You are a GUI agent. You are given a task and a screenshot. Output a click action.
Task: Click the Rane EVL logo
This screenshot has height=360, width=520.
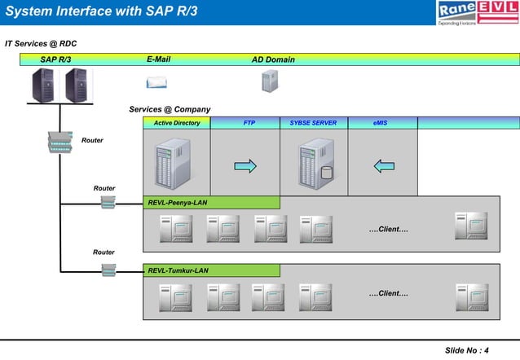coord(477,13)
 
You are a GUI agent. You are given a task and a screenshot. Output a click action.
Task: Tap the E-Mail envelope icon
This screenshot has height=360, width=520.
coord(156,81)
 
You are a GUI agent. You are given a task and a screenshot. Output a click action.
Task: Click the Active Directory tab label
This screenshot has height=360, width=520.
coord(177,123)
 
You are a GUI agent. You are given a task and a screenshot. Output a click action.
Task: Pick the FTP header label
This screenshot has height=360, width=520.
coord(249,123)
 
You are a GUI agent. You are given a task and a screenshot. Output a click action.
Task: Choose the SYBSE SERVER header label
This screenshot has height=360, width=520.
coord(313,123)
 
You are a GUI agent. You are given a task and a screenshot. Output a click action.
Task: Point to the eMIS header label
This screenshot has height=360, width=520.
coord(381,123)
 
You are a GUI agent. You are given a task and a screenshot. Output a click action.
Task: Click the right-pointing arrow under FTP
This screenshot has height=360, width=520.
coord(245,166)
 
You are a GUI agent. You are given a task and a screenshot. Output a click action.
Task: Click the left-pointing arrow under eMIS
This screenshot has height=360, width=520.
coord(384,166)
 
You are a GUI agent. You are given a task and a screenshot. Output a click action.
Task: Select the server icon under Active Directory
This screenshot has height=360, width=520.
coord(173,163)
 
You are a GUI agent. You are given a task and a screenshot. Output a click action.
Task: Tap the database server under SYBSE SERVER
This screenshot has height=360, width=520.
coord(316,163)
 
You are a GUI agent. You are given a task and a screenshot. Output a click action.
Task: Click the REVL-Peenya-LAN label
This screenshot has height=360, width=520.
coord(177,202)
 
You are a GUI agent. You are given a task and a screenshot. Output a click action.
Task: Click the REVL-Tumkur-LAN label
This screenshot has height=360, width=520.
coord(178,270)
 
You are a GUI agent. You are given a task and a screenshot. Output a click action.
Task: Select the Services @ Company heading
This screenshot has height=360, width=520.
coord(170,109)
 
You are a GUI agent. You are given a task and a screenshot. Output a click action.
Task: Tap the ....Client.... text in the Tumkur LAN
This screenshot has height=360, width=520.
coord(388,293)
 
